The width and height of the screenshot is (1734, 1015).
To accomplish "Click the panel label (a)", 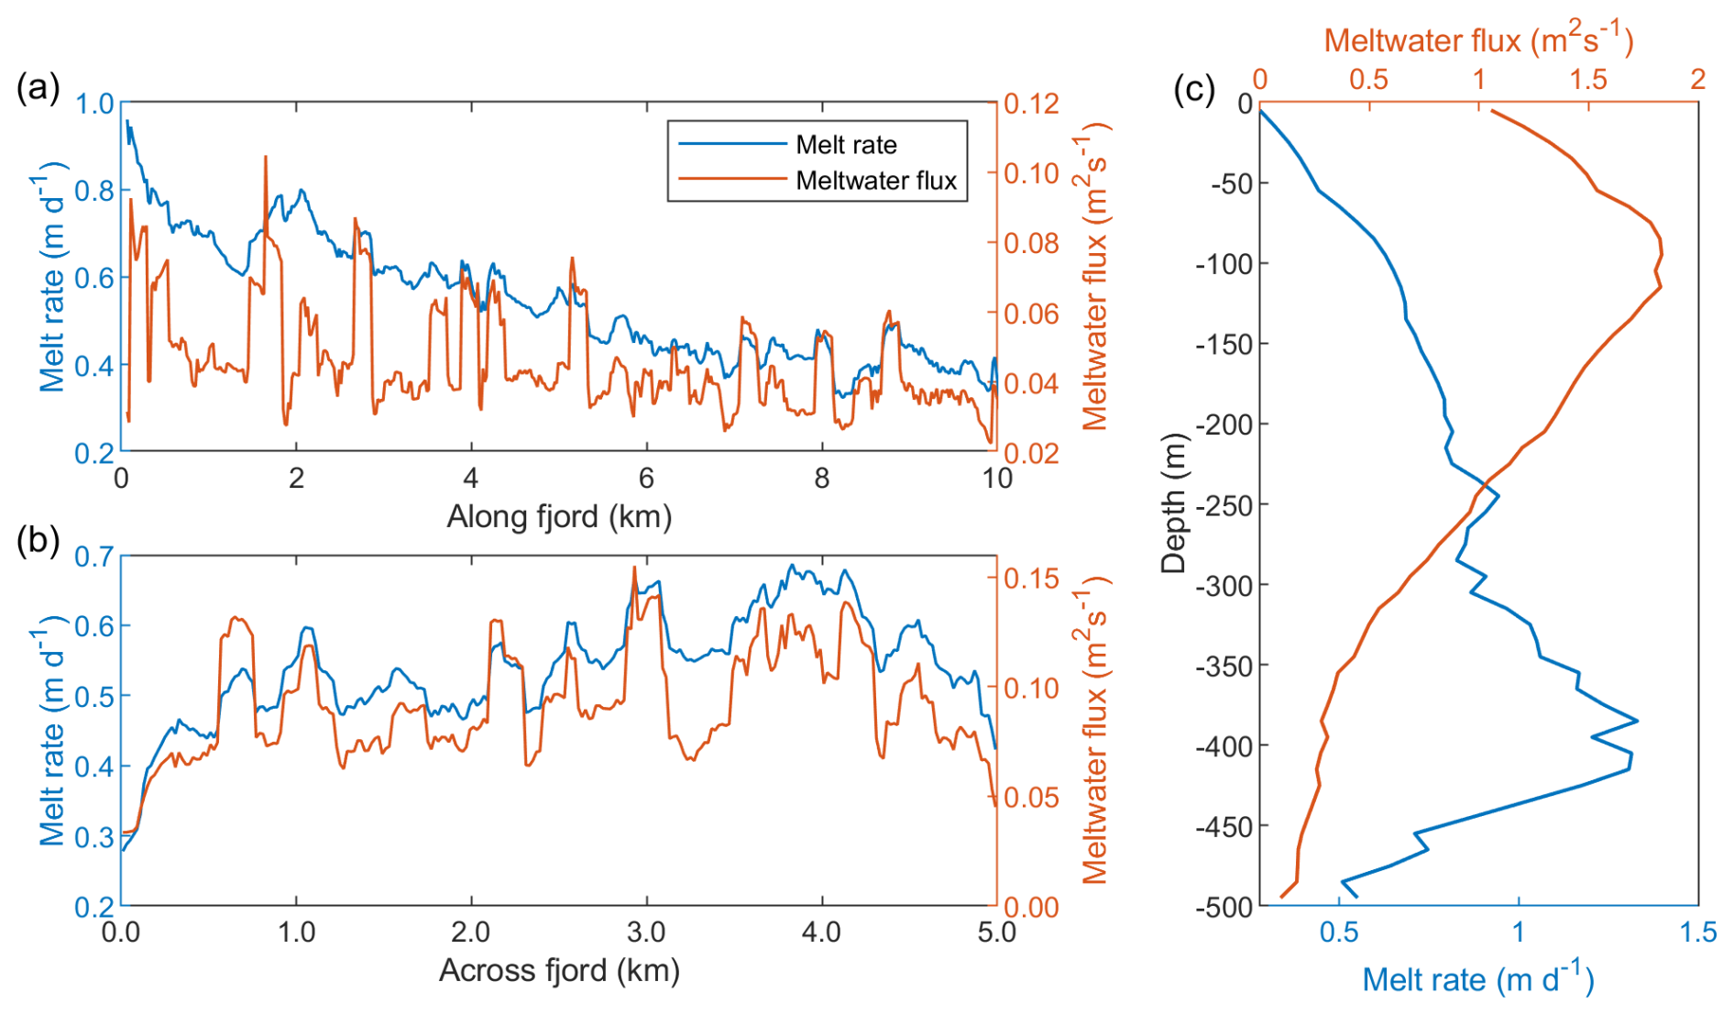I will pos(38,90).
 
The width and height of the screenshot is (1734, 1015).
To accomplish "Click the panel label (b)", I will pos(38,541).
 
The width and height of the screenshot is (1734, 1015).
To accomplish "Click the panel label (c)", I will pos(1194,90).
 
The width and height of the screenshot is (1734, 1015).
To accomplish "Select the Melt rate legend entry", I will pos(846,145).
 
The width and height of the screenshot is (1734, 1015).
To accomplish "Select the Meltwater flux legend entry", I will pos(875,181).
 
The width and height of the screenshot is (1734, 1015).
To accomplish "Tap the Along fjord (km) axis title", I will pos(559,517).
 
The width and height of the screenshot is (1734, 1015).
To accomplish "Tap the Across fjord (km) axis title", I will pos(559,970).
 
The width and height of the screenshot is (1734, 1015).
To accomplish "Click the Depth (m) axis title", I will pos(1173,503).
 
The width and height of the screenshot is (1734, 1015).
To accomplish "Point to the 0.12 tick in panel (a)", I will pos(1031,104).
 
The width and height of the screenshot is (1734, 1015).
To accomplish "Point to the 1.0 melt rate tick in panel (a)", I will pos(94,104).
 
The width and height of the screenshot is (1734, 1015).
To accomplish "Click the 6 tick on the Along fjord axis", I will pos(647,478).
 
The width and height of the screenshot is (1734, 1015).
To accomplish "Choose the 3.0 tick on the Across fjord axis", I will pos(646,932).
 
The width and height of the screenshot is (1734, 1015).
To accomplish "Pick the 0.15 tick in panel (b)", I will pos(1031,579).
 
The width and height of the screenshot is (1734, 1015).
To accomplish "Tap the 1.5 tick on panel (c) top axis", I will pos(1588,80).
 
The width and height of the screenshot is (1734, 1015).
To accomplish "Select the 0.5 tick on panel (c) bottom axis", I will pos(1339,932).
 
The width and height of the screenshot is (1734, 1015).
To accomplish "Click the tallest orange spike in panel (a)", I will pos(266,158).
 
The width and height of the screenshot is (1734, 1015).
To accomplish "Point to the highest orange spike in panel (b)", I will pos(634,568).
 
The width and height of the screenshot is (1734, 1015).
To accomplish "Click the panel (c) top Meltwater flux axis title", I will pos(1478,40).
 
